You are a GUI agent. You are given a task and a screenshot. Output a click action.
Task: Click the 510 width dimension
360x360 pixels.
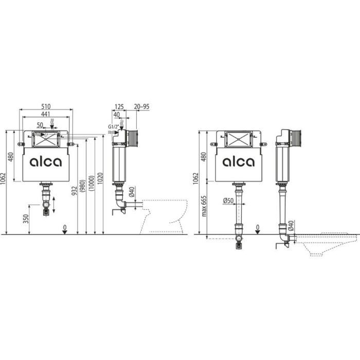point(46,106)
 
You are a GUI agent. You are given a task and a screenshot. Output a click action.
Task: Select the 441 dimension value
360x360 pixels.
point(46,114)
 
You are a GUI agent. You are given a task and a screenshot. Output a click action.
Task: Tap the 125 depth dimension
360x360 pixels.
point(119,107)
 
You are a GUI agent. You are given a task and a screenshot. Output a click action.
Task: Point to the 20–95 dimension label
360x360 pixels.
point(141,106)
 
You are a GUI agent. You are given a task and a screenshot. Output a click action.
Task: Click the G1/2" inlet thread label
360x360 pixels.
point(113,127)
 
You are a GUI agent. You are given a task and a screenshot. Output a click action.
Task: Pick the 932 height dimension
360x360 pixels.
point(74,191)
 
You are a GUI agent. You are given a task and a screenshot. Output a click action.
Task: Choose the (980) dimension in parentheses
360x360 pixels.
point(82,186)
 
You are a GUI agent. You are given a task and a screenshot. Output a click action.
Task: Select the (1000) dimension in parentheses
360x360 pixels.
point(92,183)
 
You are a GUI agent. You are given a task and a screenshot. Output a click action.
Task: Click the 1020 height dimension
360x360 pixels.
point(101,178)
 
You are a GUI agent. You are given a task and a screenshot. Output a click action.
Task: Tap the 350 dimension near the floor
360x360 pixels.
point(26,219)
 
